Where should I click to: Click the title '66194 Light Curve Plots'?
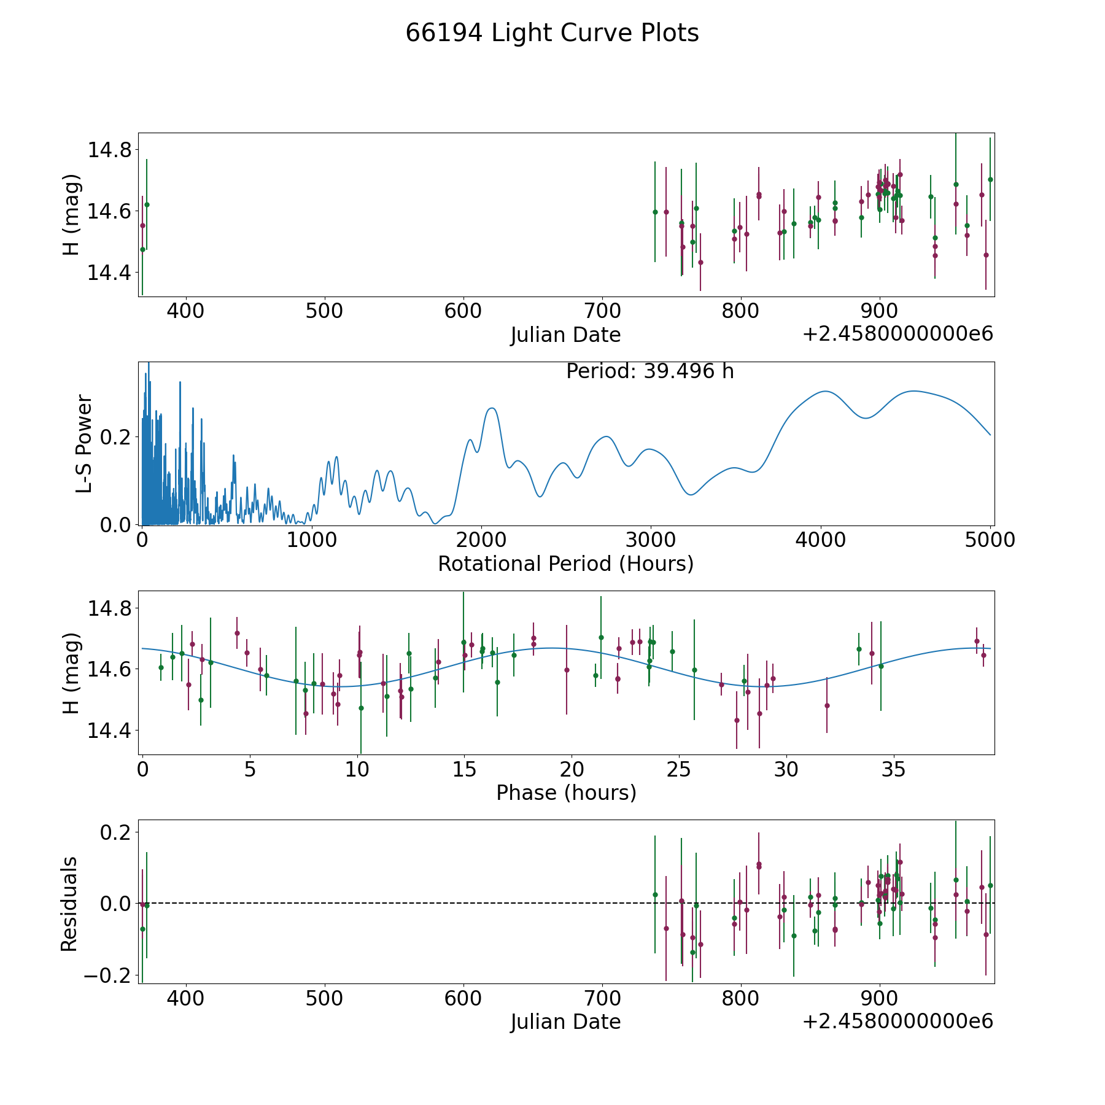(x=552, y=33)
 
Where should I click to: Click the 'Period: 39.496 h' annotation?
(x=649, y=371)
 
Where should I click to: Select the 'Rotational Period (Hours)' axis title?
(x=565, y=564)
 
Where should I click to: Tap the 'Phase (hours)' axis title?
(x=566, y=793)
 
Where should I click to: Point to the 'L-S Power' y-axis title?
(x=84, y=444)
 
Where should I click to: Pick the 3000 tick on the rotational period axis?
(x=650, y=540)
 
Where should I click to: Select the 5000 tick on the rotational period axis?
(x=990, y=540)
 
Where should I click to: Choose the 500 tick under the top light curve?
(x=324, y=311)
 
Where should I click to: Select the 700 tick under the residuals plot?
(x=602, y=998)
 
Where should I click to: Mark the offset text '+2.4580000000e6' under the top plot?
(x=898, y=334)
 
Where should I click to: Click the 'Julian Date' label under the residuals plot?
(x=565, y=1022)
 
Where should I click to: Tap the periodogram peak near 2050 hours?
(x=492, y=408)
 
